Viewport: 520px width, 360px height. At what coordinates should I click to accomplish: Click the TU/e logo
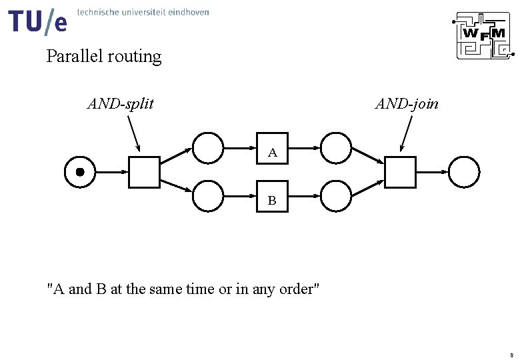[38, 21]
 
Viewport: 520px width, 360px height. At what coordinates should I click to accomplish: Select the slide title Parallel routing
[104, 57]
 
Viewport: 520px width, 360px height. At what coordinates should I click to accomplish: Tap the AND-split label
[121, 103]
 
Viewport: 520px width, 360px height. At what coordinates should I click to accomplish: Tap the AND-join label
[407, 103]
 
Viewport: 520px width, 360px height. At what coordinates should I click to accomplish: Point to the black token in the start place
[80, 172]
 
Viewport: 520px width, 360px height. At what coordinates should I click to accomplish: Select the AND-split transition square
[144, 172]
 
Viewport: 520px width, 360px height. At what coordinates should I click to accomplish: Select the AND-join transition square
[400, 172]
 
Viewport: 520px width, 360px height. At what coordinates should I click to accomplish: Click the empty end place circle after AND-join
[464, 172]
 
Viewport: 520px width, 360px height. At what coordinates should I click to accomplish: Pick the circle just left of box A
[208, 147]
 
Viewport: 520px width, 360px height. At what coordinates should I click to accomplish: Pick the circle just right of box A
[336, 147]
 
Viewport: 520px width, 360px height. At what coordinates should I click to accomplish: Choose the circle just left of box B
[208, 196]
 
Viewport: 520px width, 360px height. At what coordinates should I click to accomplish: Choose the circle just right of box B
[336, 196]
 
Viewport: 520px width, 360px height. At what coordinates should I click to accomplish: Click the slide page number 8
[511, 354]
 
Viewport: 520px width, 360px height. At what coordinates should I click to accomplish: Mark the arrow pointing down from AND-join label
[406, 133]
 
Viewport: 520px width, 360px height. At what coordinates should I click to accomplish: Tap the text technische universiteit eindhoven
[143, 12]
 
